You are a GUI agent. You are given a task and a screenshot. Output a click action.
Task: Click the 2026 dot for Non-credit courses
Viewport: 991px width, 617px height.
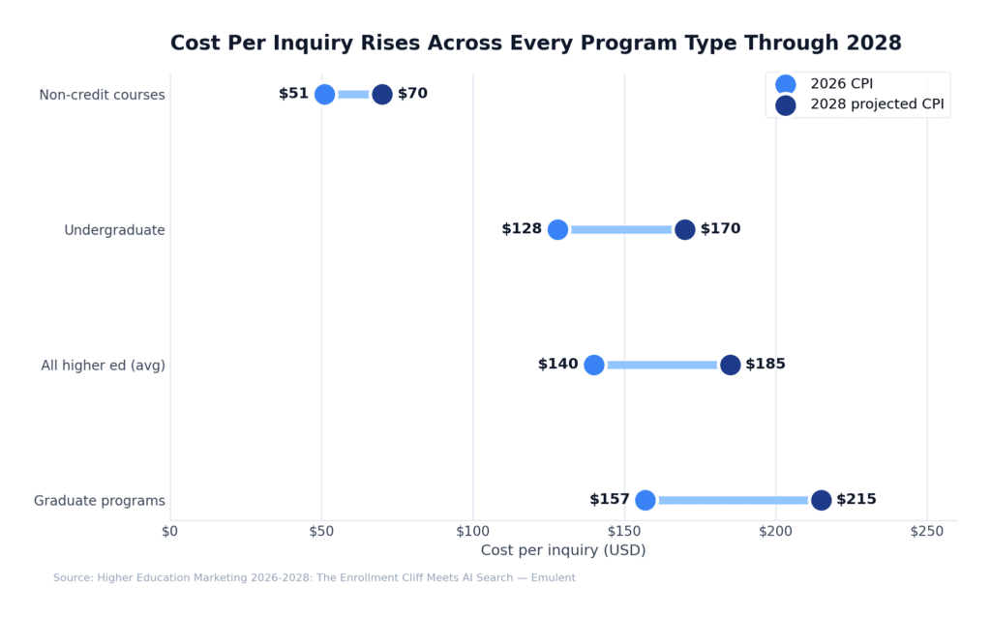(324, 94)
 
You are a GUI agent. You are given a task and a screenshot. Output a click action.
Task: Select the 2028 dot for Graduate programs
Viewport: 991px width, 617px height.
(821, 500)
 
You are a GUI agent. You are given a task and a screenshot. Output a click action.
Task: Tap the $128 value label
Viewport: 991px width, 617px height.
(522, 229)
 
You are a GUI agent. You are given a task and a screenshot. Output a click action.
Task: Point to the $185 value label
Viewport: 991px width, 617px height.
(766, 365)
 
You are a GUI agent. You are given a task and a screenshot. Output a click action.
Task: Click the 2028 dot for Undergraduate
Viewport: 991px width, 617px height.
(684, 229)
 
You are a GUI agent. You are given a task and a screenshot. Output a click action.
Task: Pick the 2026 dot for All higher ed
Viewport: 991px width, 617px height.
(594, 365)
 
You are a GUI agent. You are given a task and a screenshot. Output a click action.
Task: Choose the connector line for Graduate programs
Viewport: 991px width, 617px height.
(733, 500)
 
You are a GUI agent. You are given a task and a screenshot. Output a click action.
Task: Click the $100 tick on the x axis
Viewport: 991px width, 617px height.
(472, 530)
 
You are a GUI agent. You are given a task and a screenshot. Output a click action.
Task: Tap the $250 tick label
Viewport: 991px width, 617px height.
(927, 530)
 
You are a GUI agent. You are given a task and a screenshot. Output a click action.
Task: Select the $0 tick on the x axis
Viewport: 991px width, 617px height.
(170, 530)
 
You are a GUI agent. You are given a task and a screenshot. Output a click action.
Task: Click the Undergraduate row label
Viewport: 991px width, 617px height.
(114, 230)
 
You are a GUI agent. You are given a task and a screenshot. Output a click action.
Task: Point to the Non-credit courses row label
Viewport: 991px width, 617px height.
(102, 95)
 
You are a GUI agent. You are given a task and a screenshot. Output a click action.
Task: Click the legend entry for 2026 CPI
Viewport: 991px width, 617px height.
(841, 84)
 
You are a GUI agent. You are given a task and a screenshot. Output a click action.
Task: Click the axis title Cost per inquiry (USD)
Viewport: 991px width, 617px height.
(563, 550)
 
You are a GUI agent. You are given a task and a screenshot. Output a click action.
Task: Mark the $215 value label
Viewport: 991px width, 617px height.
(856, 500)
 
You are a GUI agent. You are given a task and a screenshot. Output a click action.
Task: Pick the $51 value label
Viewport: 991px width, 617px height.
(293, 94)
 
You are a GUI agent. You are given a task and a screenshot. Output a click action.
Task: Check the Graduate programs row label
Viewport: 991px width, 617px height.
(100, 501)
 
